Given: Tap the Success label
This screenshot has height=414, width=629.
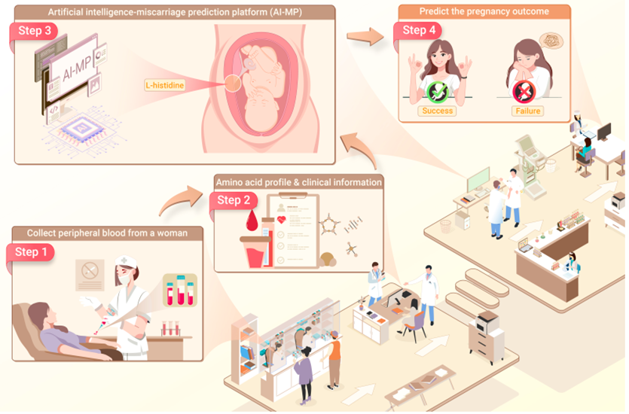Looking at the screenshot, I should click(x=438, y=111).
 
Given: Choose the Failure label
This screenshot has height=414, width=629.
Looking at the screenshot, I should click(x=529, y=111).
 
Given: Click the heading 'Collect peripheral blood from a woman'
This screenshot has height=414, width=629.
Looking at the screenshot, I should click(x=107, y=232).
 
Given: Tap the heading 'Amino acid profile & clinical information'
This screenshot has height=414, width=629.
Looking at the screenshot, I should click(x=298, y=182).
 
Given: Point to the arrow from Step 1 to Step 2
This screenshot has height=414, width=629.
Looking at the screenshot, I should click(x=178, y=199).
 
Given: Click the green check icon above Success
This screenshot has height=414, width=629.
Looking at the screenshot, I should click(x=437, y=92).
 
